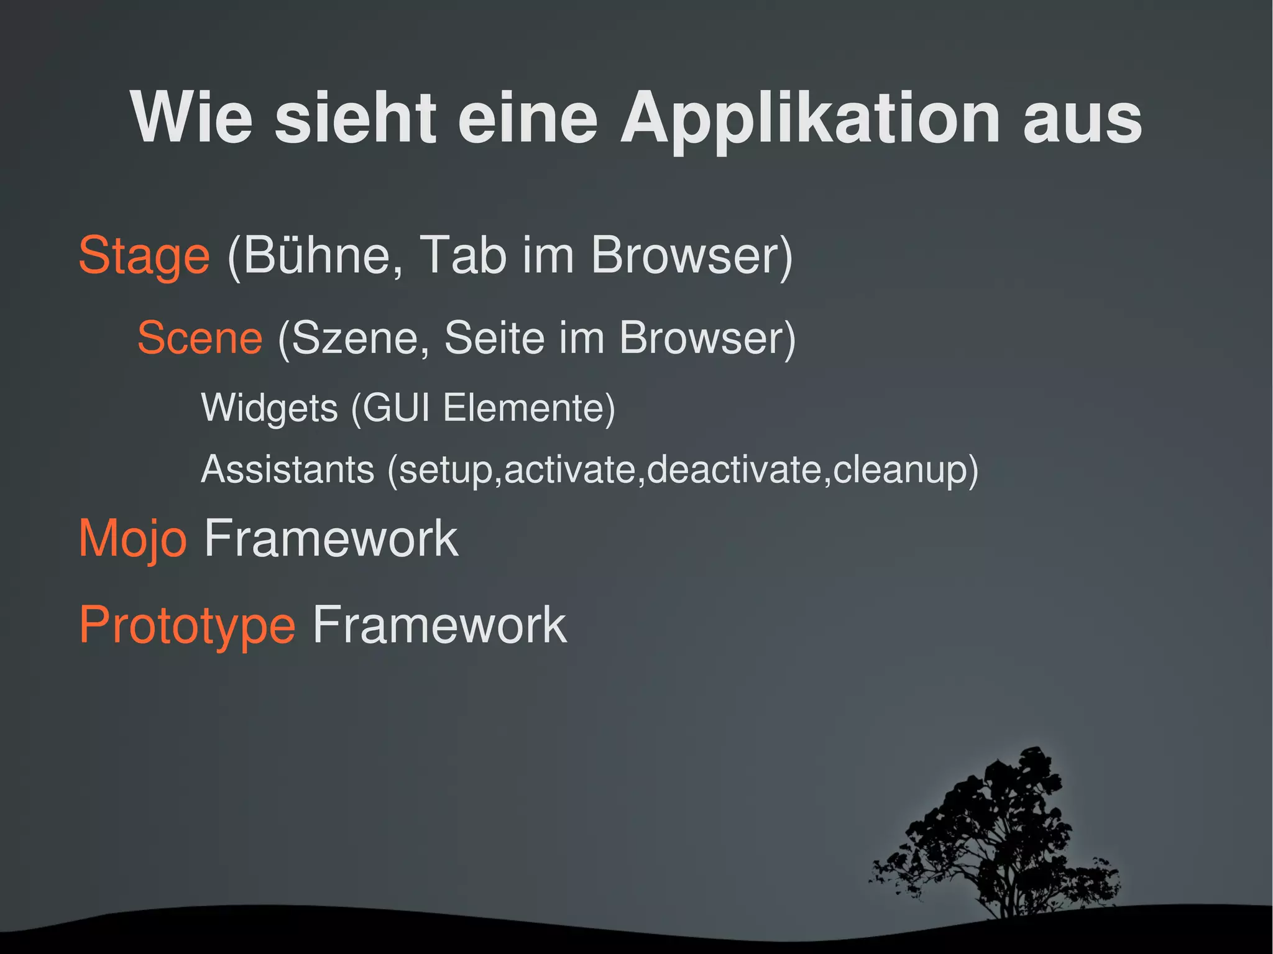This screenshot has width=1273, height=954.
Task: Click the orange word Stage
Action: [x=144, y=255]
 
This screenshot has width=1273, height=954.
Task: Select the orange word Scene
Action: [x=200, y=338]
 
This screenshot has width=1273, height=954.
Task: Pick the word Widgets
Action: [x=269, y=408]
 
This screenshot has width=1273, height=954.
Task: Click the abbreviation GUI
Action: [x=396, y=408]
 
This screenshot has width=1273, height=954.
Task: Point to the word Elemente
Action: [x=524, y=408]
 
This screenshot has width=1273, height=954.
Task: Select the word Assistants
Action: [x=288, y=469]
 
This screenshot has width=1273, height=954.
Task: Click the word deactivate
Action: [x=733, y=469]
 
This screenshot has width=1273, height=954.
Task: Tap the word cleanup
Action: [x=898, y=470]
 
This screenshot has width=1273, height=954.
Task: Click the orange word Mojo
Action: [x=132, y=539]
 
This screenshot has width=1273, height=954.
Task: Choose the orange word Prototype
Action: [x=187, y=625]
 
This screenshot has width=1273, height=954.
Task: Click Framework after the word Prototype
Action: [x=439, y=625]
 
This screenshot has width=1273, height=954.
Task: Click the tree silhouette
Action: [x=1001, y=839]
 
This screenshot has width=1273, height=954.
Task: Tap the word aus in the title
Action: [x=1082, y=118]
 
